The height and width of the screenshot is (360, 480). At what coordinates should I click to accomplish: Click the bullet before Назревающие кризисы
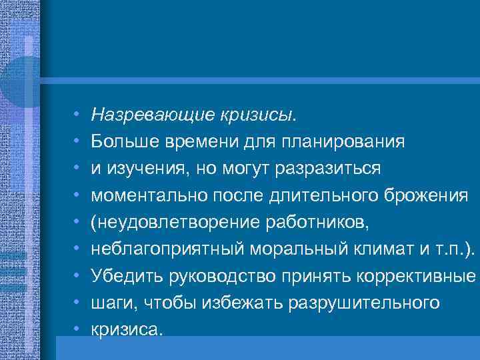tap(77, 116)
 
